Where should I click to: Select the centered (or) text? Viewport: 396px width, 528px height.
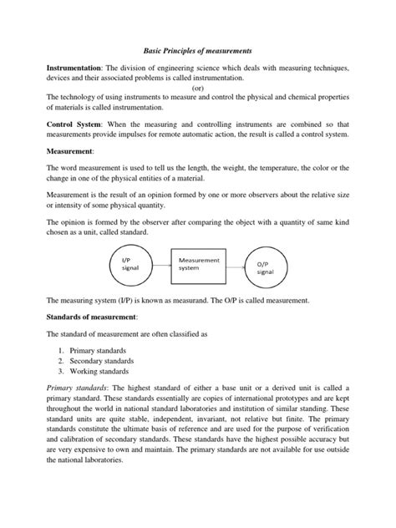[197, 87]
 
